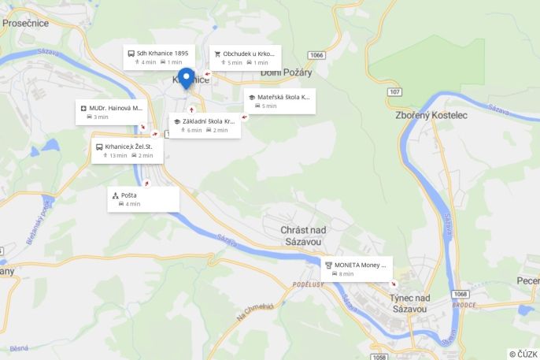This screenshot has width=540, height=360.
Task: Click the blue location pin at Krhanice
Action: coord(187,78)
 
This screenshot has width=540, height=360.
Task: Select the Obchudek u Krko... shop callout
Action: coord(244,58)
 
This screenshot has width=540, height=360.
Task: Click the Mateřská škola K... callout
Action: coord(279,101)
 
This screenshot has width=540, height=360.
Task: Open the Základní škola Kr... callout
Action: coord(205,125)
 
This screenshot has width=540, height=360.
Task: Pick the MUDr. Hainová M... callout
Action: coord(111,112)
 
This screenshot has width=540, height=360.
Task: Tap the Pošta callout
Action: coord(142,199)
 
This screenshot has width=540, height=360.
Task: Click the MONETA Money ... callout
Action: coord(357,269)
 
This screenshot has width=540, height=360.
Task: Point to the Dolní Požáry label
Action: coord(287,73)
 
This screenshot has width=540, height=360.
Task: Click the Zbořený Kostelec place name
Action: coord(431,116)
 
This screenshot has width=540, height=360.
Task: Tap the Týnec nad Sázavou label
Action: coord(410,303)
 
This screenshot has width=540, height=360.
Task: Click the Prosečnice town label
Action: coord(25,23)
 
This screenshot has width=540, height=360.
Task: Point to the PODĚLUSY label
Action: coord(307,284)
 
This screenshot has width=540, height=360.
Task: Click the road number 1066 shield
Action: coord(316,55)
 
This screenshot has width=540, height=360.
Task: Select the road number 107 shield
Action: coord(394,92)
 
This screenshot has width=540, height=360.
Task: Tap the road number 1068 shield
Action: coord(460,294)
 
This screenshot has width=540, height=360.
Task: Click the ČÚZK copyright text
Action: coord(523,354)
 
